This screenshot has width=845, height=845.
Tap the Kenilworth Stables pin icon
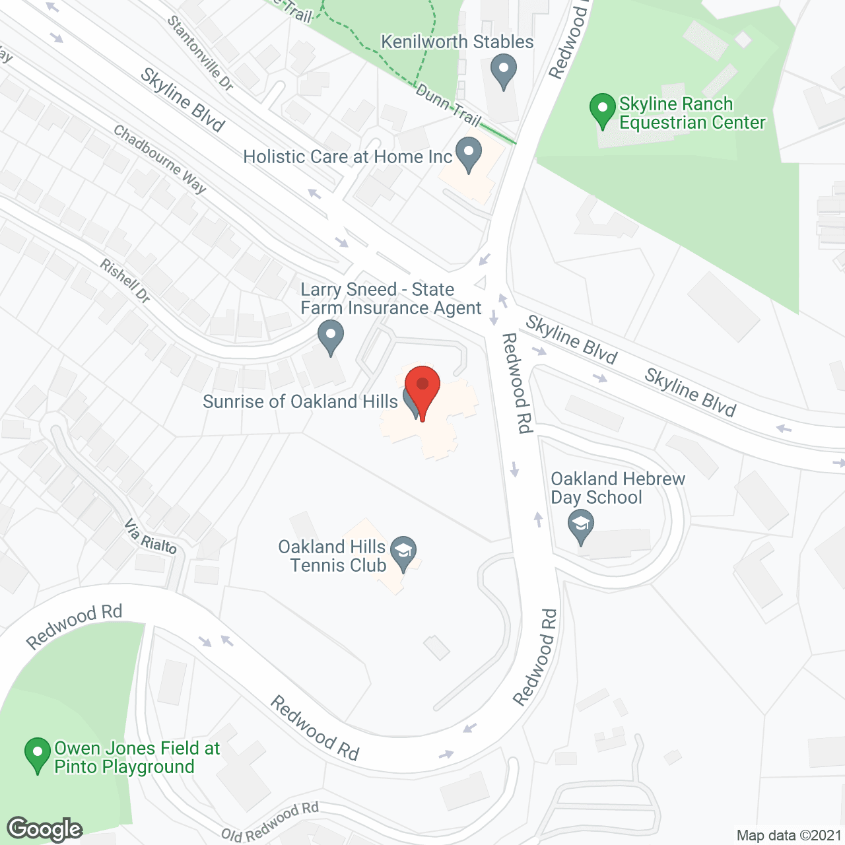tap(504, 70)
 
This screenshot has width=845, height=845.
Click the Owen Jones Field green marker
tap(38, 754)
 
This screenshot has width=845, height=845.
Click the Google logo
tap(45, 829)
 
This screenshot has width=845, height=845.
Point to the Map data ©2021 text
tap(789, 836)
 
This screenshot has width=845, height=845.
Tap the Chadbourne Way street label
tap(160, 159)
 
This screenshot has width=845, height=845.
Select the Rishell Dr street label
tap(125, 281)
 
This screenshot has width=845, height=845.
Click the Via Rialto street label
tap(151, 537)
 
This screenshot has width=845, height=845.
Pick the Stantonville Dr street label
tap(200, 53)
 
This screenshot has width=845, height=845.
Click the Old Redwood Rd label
tap(270, 823)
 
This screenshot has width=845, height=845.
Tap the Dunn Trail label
tap(448, 104)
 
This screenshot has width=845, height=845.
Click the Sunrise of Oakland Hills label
tap(300, 401)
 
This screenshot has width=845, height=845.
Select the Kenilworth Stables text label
tap(457, 42)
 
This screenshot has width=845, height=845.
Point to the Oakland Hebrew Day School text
tap(618, 488)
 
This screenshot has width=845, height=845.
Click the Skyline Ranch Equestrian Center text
tap(692, 113)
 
